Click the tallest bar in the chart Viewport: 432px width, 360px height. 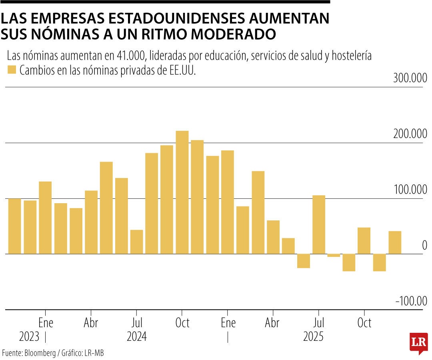[x=182, y=192]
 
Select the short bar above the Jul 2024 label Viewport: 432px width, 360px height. [x=136, y=242]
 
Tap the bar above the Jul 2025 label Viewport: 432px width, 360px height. [x=319, y=224]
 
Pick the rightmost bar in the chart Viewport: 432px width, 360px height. [x=395, y=242]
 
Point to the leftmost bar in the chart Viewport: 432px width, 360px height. [x=14, y=226]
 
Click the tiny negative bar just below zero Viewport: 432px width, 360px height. [x=334, y=255]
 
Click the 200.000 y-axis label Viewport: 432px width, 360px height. [x=410, y=134]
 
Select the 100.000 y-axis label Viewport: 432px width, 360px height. [x=410, y=190]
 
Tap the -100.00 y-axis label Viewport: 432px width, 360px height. [x=411, y=301]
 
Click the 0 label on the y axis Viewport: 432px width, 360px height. [x=424, y=245]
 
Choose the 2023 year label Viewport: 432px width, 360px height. [x=29, y=337]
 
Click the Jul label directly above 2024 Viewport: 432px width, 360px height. [x=136, y=323]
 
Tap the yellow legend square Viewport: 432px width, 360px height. [x=12, y=70]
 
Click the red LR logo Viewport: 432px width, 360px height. [x=418, y=343]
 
